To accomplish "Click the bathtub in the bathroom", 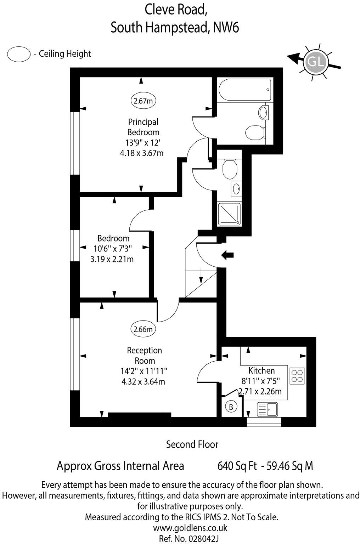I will [244, 90].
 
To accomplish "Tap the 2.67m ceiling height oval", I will [144, 101].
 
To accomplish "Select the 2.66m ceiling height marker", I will [144, 329].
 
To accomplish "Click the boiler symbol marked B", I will [231, 407].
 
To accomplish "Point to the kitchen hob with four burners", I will [297, 376].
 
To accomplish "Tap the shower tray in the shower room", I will [229, 214].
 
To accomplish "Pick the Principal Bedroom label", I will [143, 127].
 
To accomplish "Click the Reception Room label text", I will [144, 356].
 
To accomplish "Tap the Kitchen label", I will [261, 370].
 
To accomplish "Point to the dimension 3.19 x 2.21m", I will [112, 259].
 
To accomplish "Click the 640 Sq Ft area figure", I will [237, 466].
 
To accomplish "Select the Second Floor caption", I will [192, 444].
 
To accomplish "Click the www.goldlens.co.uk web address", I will [190, 528].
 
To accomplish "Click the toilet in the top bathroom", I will [255, 132].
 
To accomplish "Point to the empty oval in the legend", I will [19, 54].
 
